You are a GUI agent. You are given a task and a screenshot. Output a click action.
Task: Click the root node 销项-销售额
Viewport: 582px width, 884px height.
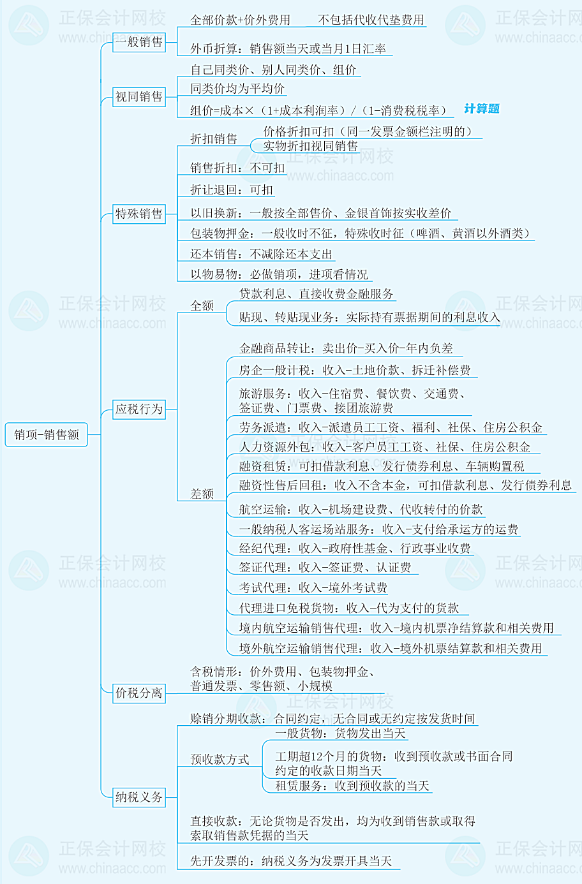pyautogui.click(x=46, y=434)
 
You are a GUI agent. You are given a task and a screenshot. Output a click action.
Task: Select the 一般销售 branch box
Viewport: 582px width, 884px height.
pyautogui.click(x=139, y=42)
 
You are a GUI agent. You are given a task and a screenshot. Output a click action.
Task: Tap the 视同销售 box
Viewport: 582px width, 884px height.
pyautogui.click(x=139, y=97)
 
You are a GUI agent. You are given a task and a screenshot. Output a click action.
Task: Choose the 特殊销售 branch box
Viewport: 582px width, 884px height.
pyautogui.click(x=139, y=214)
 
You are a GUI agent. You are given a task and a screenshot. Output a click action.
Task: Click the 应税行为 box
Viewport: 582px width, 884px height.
pyautogui.click(x=139, y=409)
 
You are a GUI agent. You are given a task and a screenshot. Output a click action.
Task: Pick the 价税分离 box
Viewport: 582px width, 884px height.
pyautogui.click(x=139, y=693)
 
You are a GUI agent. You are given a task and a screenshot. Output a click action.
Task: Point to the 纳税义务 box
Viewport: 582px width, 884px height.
pyautogui.click(x=139, y=797)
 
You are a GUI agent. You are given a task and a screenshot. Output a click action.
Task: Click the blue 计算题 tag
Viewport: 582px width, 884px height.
pyautogui.click(x=482, y=108)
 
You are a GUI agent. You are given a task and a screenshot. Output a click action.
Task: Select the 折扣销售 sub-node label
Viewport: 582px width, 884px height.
pyautogui.click(x=214, y=139)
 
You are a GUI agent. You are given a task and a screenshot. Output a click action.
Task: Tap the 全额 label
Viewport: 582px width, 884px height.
pyautogui.click(x=202, y=306)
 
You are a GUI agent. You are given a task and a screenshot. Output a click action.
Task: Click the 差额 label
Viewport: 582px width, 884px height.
pyautogui.click(x=202, y=494)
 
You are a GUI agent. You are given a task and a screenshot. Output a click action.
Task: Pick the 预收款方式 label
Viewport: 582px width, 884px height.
pyautogui.click(x=220, y=759)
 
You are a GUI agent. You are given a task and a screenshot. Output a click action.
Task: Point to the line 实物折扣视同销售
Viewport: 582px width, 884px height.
pyautogui.click(x=310, y=146)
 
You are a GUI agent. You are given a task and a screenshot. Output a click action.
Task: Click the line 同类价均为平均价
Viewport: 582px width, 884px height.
pyautogui.click(x=237, y=89)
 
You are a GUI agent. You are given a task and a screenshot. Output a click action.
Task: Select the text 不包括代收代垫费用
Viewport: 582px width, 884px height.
pyautogui.click(x=371, y=20)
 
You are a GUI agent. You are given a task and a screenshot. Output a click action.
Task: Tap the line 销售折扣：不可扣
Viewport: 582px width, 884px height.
pyautogui.click(x=237, y=168)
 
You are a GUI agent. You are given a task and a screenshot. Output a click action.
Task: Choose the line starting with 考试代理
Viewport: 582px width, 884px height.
pyautogui.click(x=313, y=588)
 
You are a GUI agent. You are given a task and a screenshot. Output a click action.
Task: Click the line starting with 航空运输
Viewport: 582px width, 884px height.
pyautogui.click(x=361, y=510)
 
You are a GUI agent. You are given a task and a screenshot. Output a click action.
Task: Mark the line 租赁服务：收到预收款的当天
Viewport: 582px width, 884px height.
pyautogui.click(x=352, y=786)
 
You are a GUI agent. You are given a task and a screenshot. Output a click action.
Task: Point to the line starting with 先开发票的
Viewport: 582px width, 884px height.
pyautogui.click(x=291, y=861)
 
